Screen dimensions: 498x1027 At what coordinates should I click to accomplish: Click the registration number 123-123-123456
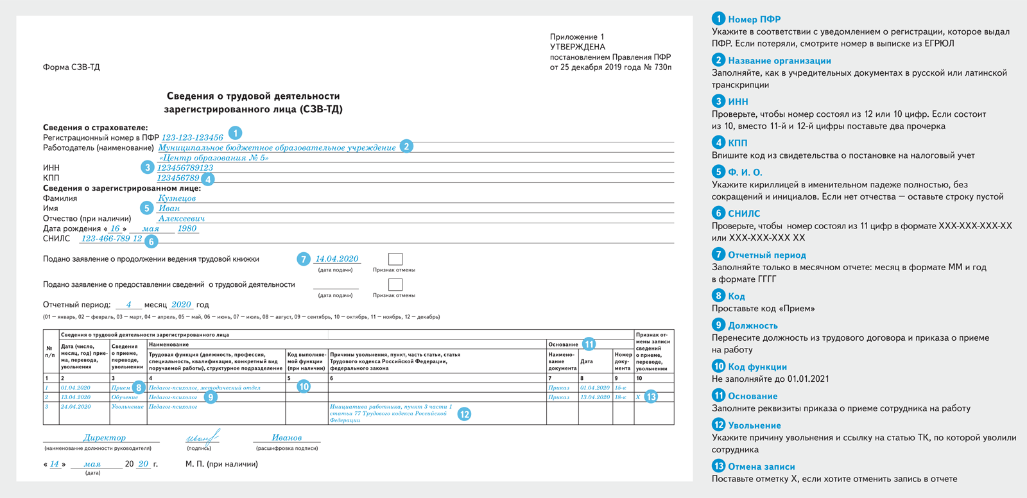coord(193,137)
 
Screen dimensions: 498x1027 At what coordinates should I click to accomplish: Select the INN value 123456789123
coord(185,167)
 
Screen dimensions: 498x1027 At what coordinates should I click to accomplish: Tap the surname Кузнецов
coord(177,198)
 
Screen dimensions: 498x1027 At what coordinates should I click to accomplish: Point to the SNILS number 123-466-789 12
coord(112,239)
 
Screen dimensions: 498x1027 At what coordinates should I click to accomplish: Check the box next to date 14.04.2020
coord(395,259)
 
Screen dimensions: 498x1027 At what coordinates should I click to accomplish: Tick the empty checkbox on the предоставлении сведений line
coord(395,284)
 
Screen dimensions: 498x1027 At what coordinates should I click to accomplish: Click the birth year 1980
coord(187,228)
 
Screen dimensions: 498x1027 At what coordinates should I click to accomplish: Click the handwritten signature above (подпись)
coord(203,437)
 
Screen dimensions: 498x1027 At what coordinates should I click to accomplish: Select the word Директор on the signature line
coord(105,438)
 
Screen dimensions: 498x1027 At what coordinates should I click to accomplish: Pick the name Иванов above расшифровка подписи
coord(286,438)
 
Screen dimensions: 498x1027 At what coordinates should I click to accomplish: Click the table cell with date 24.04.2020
coord(76,406)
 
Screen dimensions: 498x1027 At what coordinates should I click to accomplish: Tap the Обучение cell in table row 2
coord(125,397)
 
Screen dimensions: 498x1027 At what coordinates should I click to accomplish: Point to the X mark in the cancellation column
coord(638,397)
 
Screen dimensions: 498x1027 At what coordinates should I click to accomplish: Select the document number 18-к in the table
coord(621,397)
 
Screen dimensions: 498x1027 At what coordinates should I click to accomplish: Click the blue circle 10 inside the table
coord(304,386)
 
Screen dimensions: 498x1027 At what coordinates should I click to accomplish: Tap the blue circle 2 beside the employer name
coord(406,146)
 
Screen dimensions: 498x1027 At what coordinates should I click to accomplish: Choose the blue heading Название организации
coord(779,60)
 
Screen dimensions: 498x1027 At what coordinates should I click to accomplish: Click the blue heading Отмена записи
coord(761,467)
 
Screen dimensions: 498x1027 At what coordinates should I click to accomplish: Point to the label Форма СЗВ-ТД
coord(71,67)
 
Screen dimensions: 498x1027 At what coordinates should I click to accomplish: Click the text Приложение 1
coord(577,37)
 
